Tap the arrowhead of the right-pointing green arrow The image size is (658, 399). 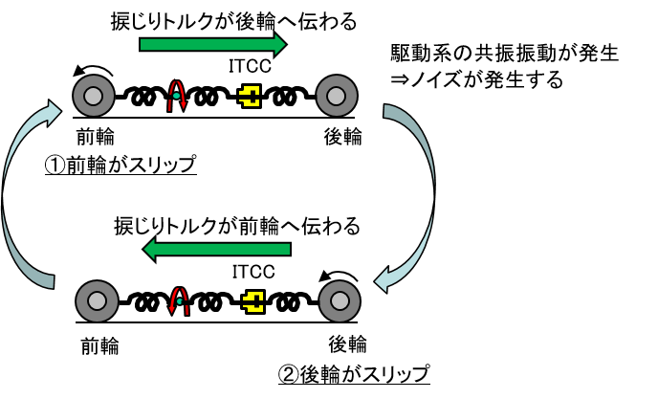pos(279,44)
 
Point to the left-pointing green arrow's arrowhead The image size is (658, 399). pos(150,249)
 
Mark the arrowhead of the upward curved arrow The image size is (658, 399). pos(54,112)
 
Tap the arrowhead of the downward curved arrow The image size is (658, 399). pos(382,280)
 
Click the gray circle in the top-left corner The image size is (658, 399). pos(94,96)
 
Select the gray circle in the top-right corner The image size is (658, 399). pos(337,96)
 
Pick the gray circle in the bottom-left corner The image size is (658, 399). pos(97,300)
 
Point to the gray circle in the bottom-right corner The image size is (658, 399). pos(340,300)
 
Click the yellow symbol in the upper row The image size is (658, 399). pos(250,96)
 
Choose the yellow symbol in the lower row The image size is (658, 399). pos(253,301)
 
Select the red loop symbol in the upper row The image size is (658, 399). pos(177,95)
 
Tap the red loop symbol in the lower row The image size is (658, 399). pos(179,300)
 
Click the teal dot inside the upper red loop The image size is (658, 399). pos(176,96)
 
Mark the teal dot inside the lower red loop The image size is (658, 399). pos(179,301)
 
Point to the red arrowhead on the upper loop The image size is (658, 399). pos(184,104)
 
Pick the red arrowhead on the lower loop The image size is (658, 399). pos(172,309)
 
